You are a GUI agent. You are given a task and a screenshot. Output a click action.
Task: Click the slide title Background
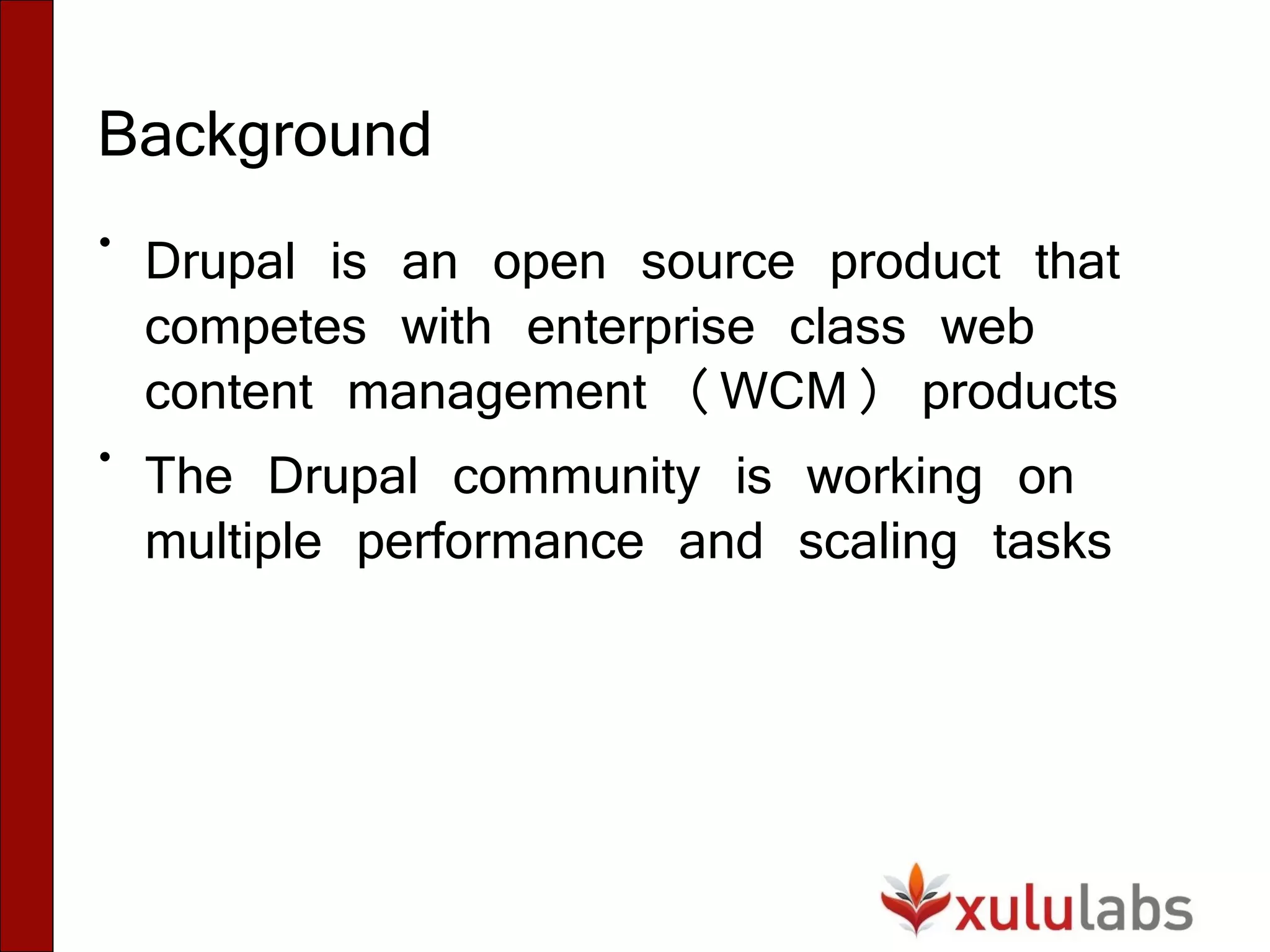pos(264,135)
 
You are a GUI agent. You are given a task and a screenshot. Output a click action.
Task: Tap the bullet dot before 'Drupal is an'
pos(105,242)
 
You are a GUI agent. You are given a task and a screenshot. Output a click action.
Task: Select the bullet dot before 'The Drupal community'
pos(105,457)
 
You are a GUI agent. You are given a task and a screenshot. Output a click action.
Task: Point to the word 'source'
pos(717,263)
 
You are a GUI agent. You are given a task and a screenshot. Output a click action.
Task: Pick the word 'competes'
pos(255,328)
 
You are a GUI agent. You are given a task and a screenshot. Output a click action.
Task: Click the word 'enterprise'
pos(641,328)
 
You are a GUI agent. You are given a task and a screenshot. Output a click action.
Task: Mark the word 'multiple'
pos(233,543)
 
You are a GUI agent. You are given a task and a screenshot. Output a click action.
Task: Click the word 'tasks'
pos(1052,542)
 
